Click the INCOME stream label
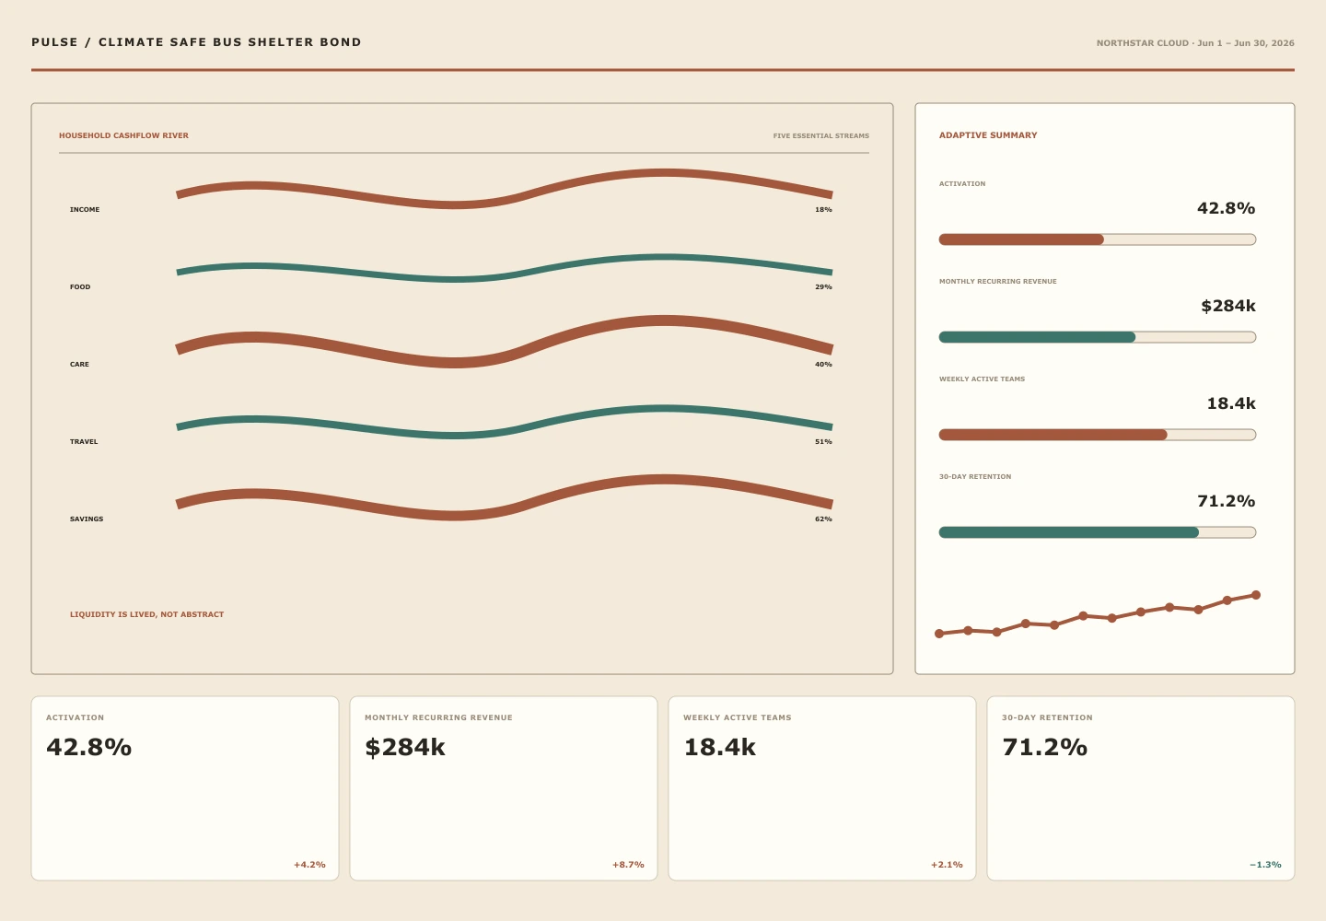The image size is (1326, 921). (85, 210)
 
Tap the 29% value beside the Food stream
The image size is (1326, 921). (823, 287)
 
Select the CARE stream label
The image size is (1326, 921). (79, 364)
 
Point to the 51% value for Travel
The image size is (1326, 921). (823, 441)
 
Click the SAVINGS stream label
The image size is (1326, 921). (87, 519)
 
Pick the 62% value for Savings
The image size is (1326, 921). (823, 519)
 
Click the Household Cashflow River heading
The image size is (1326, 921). (123, 135)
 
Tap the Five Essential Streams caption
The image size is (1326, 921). (821, 136)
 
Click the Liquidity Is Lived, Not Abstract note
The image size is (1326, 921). (146, 614)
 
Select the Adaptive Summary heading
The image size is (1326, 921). (988, 135)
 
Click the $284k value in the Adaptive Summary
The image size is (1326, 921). (1228, 306)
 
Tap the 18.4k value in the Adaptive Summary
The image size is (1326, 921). (1231, 403)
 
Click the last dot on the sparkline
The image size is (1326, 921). (1256, 595)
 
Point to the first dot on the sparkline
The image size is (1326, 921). (939, 634)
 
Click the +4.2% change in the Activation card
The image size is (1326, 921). (309, 865)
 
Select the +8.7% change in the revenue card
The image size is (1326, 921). (628, 865)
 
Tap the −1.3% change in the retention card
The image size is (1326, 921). (1265, 865)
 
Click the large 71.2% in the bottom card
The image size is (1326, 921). (1045, 747)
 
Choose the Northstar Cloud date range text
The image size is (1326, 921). (1195, 43)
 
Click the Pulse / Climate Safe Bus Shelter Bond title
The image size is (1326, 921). (196, 42)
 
